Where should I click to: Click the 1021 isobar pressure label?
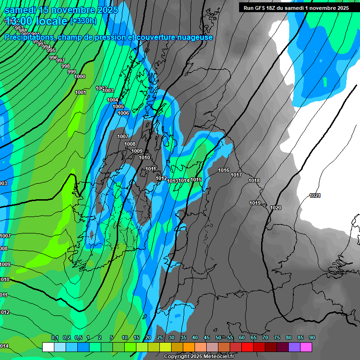coord(315,195)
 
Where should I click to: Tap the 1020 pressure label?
coord(276,208)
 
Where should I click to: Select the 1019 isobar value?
coord(255,203)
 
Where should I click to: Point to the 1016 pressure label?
coord(224,170)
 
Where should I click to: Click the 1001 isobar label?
coord(81,92)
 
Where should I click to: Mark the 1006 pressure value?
coord(123,113)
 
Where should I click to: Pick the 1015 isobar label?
coord(196,180)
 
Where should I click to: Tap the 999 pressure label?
coord(71,72)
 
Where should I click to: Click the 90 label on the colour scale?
coord(312,337)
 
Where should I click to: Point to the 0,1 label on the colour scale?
coord(54,337)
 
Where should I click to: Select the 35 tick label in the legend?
coord(183,337)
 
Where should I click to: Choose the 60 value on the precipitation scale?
coord(241,337)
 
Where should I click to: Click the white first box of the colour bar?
coord(48,347)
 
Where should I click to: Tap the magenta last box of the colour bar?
coord(306,347)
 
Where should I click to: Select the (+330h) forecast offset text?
coord(83,21)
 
